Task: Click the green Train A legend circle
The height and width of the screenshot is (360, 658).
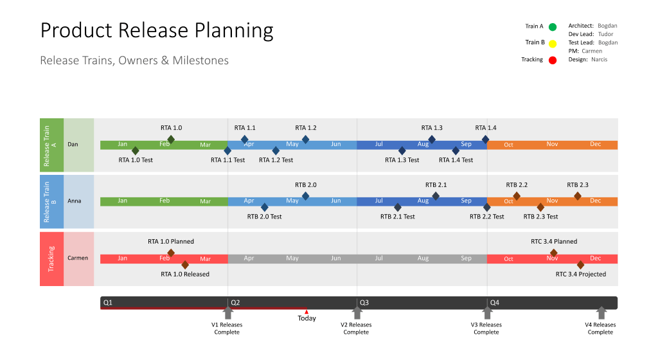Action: (553, 27)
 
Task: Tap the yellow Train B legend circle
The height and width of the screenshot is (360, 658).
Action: (553, 43)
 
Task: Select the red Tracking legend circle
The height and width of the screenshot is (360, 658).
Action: (553, 60)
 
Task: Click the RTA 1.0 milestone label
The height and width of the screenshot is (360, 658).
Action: (171, 128)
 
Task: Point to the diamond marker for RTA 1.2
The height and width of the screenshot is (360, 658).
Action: (305, 139)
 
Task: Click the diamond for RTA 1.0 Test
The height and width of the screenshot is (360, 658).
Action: (135, 150)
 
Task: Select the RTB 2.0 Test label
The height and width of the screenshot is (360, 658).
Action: (264, 217)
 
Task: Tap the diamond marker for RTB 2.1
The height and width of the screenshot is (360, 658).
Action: (436, 196)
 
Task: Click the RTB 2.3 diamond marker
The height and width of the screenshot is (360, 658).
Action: (578, 196)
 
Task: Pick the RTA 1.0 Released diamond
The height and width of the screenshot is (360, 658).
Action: (185, 264)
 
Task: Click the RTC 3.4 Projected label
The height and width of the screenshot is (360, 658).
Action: (580, 274)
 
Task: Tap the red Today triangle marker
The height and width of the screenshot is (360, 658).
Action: (307, 312)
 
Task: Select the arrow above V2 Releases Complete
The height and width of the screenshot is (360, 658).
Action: (357, 313)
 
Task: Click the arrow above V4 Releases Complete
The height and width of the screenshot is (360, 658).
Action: (601, 313)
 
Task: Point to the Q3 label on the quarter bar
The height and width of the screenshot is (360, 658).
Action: (364, 302)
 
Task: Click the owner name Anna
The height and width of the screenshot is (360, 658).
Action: (75, 201)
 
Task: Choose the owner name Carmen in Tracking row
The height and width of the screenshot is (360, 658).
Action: (78, 258)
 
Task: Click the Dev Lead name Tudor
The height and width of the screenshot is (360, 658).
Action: (605, 34)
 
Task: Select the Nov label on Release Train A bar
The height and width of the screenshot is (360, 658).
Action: (552, 144)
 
